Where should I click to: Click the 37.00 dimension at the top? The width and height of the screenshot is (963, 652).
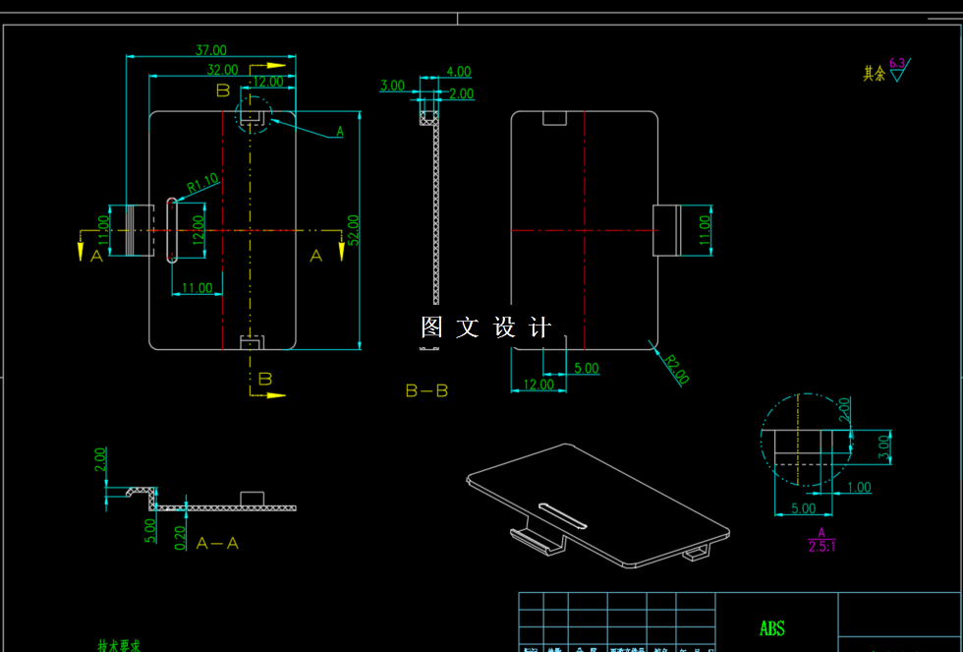click(x=210, y=50)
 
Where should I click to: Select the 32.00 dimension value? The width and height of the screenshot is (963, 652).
click(x=222, y=69)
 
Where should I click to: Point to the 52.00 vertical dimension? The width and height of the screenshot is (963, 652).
click(x=353, y=228)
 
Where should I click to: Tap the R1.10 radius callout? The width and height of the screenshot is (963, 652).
click(x=201, y=182)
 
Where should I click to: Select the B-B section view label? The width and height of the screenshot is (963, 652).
click(x=426, y=390)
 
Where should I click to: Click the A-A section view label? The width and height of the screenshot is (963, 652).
click(x=217, y=543)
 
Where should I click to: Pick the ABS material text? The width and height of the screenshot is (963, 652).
click(x=772, y=628)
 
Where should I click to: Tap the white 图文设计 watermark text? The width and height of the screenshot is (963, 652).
click(x=486, y=327)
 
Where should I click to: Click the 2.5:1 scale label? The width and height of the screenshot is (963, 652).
click(x=821, y=547)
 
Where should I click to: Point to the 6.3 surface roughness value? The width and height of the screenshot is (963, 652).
click(x=897, y=62)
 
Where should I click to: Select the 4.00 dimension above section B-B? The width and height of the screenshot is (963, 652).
click(x=458, y=72)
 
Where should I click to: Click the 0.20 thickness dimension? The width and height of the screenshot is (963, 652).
click(x=180, y=537)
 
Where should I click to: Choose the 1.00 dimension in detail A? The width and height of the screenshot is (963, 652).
click(x=858, y=487)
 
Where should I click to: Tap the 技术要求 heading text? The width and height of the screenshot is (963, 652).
click(x=119, y=646)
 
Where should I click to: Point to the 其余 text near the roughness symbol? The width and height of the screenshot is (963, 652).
click(x=874, y=74)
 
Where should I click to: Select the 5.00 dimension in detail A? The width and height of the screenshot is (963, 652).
click(x=803, y=508)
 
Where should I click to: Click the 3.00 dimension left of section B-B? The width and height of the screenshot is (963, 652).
click(x=392, y=86)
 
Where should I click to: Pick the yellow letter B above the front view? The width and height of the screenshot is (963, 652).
click(x=223, y=90)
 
